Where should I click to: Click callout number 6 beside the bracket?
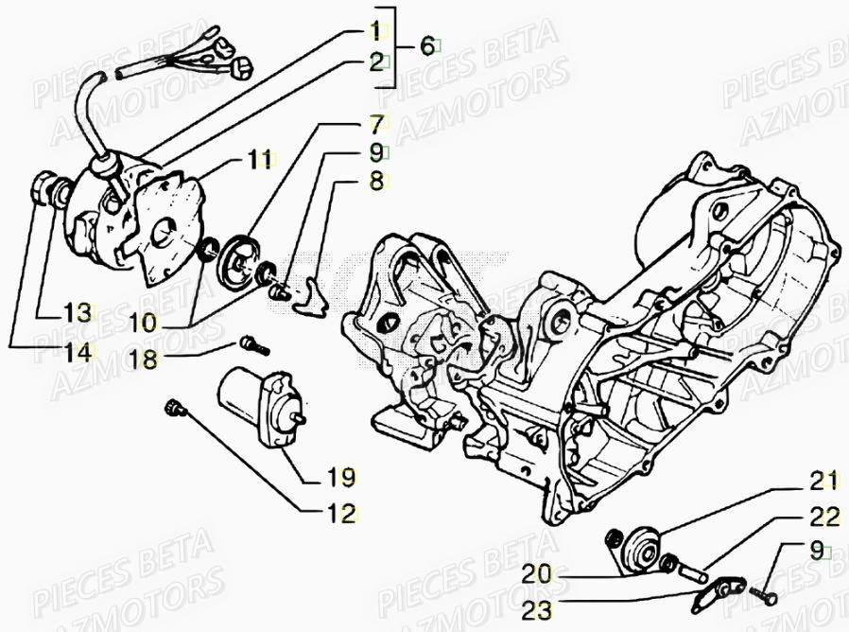(426, 44)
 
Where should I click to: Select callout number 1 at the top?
(375, 27)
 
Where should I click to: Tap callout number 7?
(375, 123)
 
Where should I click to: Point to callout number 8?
(376, 181)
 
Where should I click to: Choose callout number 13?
(78, 312)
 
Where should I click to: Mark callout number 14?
(78, 352)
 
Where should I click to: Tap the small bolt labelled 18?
(249, 344)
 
